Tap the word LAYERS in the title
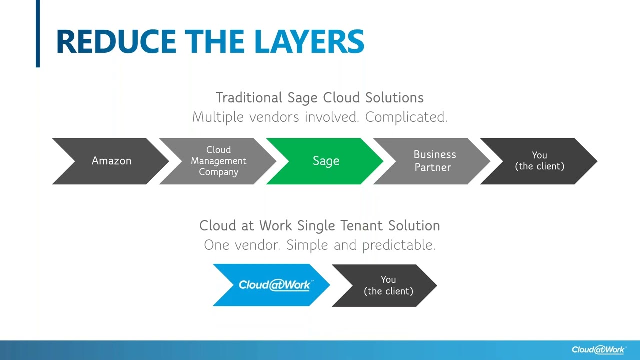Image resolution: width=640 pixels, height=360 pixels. tap(309, 41)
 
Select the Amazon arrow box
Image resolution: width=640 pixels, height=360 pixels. tap(111, 161)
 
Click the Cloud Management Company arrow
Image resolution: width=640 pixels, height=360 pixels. tap(219, 161)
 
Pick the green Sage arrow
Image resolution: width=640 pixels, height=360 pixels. tap(326, 161)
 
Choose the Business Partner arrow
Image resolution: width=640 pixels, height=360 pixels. tap(434, 161)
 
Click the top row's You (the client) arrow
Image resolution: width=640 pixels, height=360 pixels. tap(540, 161)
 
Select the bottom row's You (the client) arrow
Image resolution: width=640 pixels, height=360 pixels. tap(388, 285)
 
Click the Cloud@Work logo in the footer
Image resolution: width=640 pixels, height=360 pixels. tap(599, 350)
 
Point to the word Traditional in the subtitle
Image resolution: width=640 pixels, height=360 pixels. tap(249, 97)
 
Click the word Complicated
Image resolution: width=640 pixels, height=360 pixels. tap(406, 117)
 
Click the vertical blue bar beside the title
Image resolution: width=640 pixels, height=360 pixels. tap(37, 33)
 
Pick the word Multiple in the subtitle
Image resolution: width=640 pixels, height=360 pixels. tap(218, 117)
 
